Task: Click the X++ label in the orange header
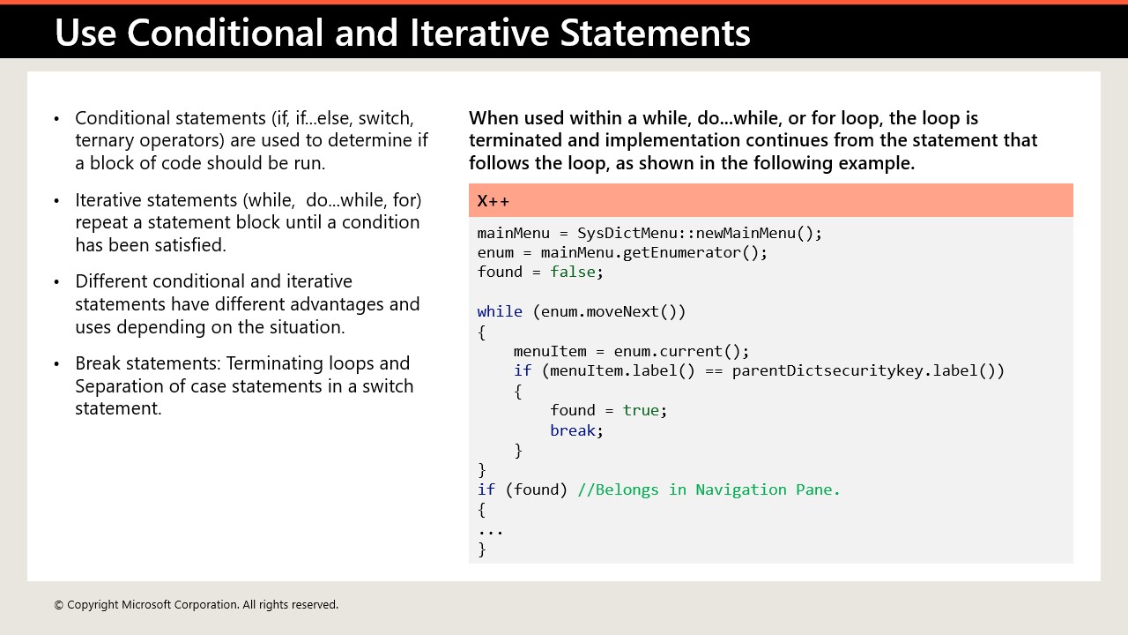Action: click(493, 200)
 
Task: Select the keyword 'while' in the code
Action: click(500, 311)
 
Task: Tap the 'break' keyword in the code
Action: click(573, 430)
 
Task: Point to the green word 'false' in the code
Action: click(573, 272)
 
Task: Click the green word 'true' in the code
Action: click(641, 410)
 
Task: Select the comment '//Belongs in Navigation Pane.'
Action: click(709, 489)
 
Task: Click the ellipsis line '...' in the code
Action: click(491, 530)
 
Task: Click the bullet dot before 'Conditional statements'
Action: click(57, 118)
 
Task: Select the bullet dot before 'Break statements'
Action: click(57, 363)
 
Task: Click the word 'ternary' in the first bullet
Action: click(107, 140)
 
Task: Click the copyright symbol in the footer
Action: click(59, 605)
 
